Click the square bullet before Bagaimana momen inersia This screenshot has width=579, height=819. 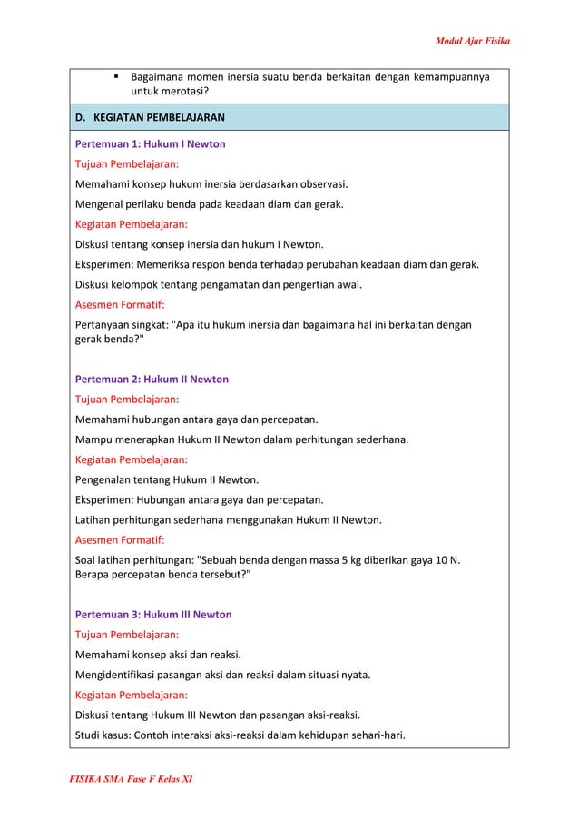118,77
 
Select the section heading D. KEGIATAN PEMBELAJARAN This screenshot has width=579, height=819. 151,118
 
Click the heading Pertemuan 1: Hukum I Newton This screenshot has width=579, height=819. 150,144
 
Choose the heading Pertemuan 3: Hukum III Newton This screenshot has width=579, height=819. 152,615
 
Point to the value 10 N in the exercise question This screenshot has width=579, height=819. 447,559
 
